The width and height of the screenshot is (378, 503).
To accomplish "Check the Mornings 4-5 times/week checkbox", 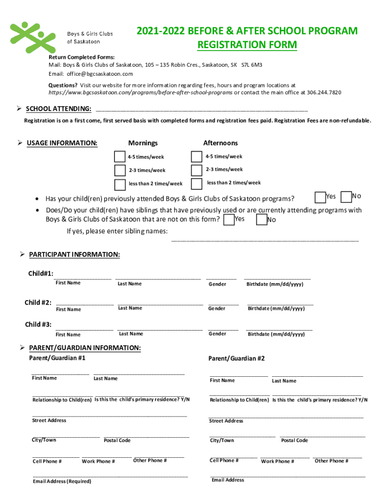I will click(120, 157).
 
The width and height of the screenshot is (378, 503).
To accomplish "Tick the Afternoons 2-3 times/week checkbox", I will click(197, 170).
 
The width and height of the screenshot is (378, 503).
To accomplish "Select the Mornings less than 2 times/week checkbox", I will click(120, 185).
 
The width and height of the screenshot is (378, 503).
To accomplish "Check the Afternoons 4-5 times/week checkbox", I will click(197, 157).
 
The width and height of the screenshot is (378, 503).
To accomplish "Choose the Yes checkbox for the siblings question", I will click(229, 220).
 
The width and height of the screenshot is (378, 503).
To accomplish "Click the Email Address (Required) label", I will click(62, 481).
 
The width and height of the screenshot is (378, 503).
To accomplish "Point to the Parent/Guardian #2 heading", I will click(237, 359).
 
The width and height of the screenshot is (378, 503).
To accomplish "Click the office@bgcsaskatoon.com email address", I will click(100, 74).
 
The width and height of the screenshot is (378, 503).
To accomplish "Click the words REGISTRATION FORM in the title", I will click(247, 45).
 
